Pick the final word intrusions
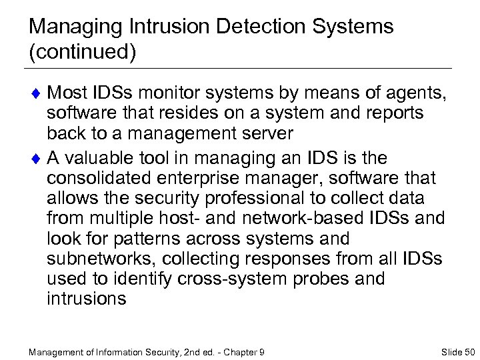86,298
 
